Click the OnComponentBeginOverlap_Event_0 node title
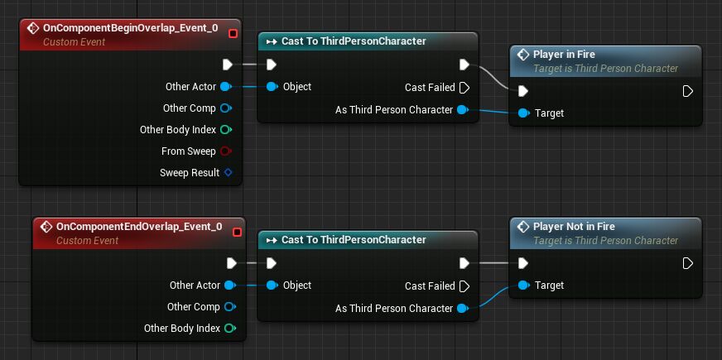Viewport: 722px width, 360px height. pyautogui.click(x=130, y=28)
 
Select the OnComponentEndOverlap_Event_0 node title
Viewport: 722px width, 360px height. pyautogui.click(x=138, y=226)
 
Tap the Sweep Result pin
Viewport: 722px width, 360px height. pyautogui.click(x=228, y=173)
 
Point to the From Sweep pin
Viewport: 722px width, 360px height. pyautogui.click(x=227, y=151)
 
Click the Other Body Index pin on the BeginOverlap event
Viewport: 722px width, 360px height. pyautogui.click(x=227, y=130)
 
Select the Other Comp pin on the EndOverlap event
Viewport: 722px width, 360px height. pyautogui.click(x=229, y=307)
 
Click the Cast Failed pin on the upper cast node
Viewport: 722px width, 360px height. pyautogui.click(x=464, y=87)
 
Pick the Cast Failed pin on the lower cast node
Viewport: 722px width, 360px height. pyautogui.click(x=464, y=286)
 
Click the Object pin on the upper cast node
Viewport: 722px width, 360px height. pyautogui.click(x=272, y=86)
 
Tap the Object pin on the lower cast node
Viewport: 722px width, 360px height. pyautogui.click(x=272, y=286)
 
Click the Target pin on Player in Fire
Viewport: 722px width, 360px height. pyautogui.click(x=523, y=113)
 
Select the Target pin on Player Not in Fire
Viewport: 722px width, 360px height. pyautogui.click(x=523, y=286)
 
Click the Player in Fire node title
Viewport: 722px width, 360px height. pyautogui.click(x=564, y=55)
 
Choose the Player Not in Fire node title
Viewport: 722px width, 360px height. pyautogui.click(x=574, y=226)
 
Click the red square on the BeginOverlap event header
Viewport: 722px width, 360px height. pyautogui.click(x=233, y=33)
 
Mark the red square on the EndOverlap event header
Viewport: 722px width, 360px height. pyautogui.click(x=237, y=232)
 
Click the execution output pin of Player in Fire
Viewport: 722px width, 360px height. pyautogui.click(x=687, y=91)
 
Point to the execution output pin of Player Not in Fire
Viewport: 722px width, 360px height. pyautogui.click(x=687, y=263)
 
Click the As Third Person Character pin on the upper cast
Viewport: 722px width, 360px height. pyautogui.click(x=462, y=109)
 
